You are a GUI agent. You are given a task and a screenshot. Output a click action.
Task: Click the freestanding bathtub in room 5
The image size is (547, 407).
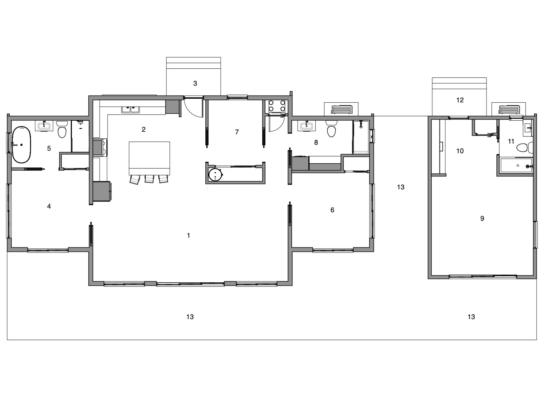21,145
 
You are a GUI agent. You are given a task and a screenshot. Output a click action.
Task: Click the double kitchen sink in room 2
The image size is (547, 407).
130,109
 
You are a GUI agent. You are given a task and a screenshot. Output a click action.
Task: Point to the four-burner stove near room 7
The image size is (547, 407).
277,106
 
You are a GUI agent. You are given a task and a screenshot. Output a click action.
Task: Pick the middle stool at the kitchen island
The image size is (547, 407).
149,179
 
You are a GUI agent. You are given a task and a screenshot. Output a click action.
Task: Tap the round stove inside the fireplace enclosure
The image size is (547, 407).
215,175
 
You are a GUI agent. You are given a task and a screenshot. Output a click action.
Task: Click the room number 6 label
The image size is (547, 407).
332,210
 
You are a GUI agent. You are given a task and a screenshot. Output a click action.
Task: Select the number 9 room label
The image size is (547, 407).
482,218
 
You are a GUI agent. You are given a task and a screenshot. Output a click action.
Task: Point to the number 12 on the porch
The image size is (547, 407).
460,100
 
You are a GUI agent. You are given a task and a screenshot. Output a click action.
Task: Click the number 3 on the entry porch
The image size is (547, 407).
195,83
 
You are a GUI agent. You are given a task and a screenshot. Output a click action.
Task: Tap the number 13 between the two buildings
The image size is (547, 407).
400,187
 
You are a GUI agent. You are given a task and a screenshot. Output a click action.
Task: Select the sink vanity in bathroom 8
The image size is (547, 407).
306,125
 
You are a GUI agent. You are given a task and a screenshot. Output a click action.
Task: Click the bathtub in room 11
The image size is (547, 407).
516,166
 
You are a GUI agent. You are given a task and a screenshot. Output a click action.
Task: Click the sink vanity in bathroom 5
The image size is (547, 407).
44,125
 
